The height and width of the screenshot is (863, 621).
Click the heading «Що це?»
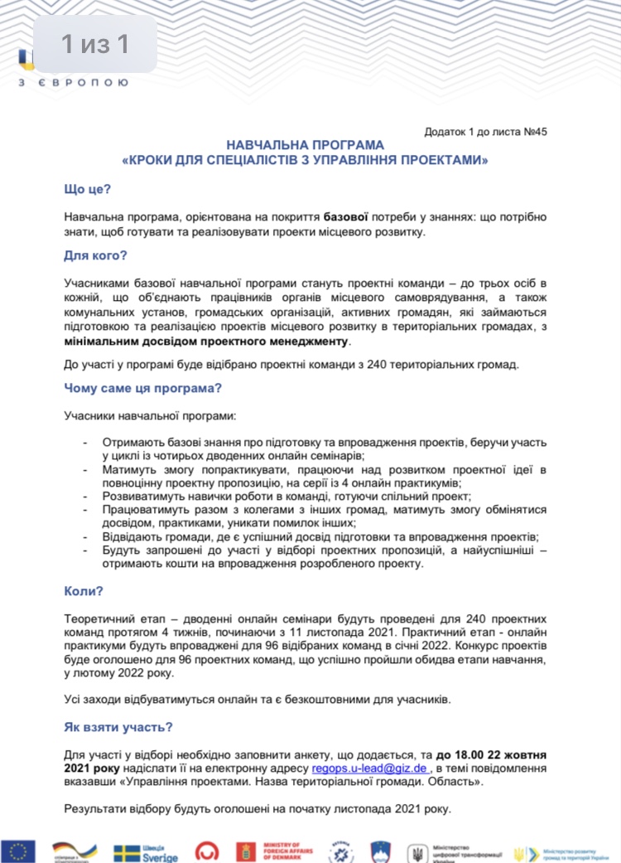click(x=88, y=190)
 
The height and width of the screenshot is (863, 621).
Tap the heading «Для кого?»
click(x=94, y=255)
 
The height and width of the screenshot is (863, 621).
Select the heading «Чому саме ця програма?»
click(x=142, y=387)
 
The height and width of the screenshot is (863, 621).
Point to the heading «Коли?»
click(x=84, y=591)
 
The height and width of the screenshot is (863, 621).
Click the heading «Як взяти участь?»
click(x=118, y=727)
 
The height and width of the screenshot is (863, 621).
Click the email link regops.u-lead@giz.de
click(x=370, y=768)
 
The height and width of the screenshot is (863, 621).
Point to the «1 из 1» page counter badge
click(x=95, y=44)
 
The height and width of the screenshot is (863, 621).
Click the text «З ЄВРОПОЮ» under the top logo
click(x=73, y=83)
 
